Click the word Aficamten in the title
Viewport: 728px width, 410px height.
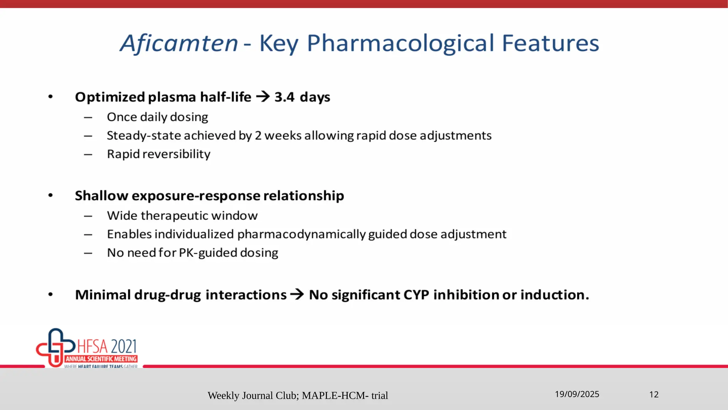tap(179, 43)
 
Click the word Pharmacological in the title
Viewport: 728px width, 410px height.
tap(400, 43)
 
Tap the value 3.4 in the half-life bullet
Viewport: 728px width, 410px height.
tap(284, 97)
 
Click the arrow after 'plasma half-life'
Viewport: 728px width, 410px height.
tap(263, 96)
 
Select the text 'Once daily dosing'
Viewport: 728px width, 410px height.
tap(157, 117)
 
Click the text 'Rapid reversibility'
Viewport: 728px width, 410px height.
tap(159, 154)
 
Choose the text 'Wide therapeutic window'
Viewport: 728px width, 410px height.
tap(182, 216)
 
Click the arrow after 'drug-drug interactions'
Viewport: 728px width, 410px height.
tap(297, 295)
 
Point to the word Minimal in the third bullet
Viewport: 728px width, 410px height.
tap(103, 295)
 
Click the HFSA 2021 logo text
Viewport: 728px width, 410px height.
tap(107, 346)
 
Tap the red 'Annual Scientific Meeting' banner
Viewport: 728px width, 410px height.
tap(101, 359)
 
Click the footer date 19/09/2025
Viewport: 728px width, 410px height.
tap(577, 394)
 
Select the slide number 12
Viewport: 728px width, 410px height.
tap(654, 394)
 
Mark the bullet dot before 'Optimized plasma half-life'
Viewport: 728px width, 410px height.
tap(50, 97)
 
